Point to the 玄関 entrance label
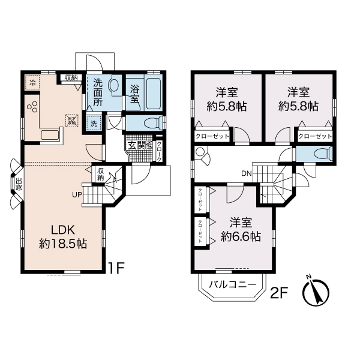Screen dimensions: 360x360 click(x=136, y=144)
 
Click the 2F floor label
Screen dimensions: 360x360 click(x=280, y=293)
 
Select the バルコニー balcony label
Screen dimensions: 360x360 click(x=233, y=285)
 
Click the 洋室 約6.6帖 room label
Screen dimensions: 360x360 click(x=240, y=229)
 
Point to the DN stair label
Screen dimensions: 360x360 click(x=246, y=173)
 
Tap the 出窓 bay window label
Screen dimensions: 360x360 click(x=19, y=184)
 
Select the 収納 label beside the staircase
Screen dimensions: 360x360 click(x=101, y=174)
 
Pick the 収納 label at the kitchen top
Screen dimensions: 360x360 click(x=71, y=77)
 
